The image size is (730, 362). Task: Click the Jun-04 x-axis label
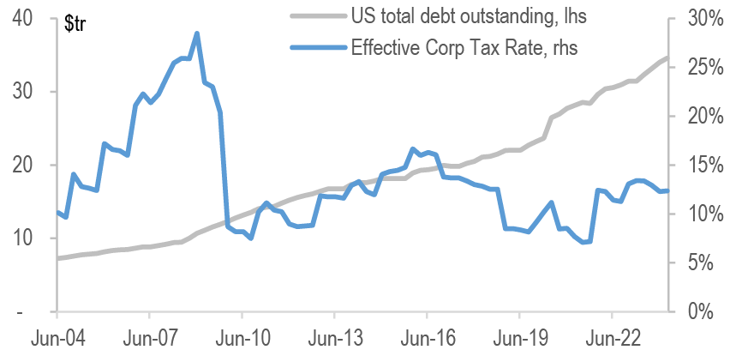(57, 339)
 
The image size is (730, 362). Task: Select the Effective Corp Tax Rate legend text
(464, 48)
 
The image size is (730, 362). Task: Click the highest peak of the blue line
(197, 34)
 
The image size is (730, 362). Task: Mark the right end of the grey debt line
(667, 58)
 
